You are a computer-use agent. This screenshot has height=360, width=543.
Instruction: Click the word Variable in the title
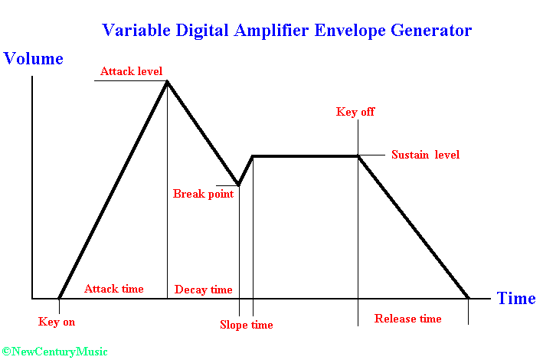point(136,30)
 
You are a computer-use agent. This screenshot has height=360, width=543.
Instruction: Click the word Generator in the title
point(431,30)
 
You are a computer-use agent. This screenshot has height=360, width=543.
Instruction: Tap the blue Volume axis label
point(33,58)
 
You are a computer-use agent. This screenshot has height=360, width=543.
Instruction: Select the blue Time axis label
point(516,298)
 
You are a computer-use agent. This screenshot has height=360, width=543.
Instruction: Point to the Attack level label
point(131,71)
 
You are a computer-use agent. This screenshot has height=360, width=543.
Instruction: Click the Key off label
point(355,112)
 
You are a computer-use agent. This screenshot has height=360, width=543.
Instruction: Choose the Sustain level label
point(425,155)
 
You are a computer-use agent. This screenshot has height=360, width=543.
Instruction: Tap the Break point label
point(203,194)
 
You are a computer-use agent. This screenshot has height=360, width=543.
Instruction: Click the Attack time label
point(113,289)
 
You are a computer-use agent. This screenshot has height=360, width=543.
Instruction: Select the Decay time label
point(203,290)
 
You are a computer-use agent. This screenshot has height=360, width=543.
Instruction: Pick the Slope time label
point(246,325)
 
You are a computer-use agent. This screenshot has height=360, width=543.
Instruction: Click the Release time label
point(408,319)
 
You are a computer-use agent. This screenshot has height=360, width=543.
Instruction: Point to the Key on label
point(57,322)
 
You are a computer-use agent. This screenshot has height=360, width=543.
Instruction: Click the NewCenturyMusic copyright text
point(54,352)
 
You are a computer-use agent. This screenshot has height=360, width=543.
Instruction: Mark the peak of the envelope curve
point(167,82)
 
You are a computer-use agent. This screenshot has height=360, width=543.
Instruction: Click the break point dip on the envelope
point(239,185)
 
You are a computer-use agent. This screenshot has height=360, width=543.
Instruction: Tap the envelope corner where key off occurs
point(358,156)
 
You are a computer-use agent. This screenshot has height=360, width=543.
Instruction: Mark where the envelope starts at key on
point(59,298)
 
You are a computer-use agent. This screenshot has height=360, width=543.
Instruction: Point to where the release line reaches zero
point(468,298)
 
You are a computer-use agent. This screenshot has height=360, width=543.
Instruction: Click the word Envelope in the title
point(350,31)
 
